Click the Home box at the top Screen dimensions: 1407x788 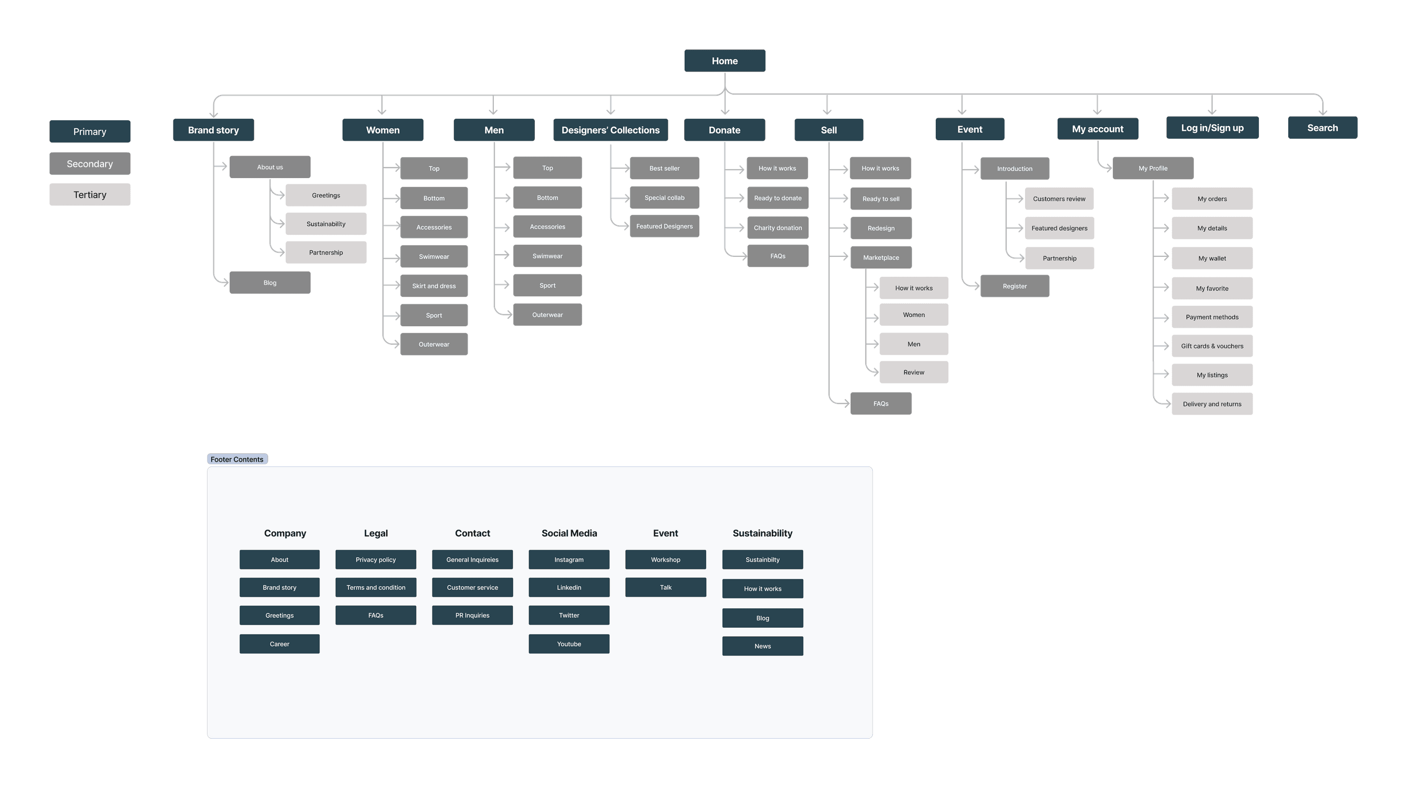pyautogui.click(x=725, y=60)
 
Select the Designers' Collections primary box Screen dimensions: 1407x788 pyautogui.click(x=610, y=130)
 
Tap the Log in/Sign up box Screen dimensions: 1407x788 pyautogui.click(x=1212, y=128)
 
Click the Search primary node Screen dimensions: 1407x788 pyautogui.click(x=1322, y=128)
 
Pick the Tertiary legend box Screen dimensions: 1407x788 pyautogui.click(x=89, y=194)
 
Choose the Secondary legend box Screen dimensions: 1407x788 pyautogui.click(x=89, y=163)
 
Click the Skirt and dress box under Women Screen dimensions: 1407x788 pyautogui.click(x=433, y=286)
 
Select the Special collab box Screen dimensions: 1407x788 pyautogui.click(x=664, y=198)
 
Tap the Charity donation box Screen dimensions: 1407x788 pyautogui.click(x=778, y=227)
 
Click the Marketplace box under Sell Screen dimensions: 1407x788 pyautogui.click(x=881, y=257)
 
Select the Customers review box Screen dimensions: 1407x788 pyautogui.click(x=1059, y=199)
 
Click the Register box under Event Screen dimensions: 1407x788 pyautogui.click(x=1015, y=286)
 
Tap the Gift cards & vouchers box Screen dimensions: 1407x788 pyautogui.click(x=1212, y=346)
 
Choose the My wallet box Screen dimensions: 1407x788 pyautogui.click(x=1212, y=258)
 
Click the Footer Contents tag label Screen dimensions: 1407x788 pyautogui.click(x=237, y=459)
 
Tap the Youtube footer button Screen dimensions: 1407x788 pyautogui.click(x=568, y=644)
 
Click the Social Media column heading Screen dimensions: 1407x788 pyautogui.click(x=569, y=533)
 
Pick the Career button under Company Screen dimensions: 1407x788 pyautogui.click(x=279, y=644)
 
